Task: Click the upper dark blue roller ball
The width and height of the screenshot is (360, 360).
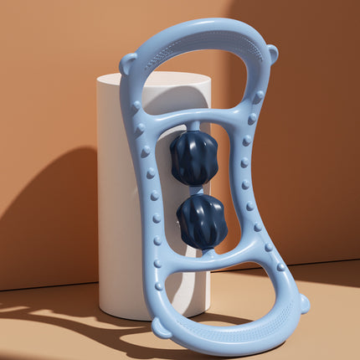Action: (x=193, y=158)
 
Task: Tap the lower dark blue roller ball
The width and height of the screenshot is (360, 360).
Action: (x=202, y=222)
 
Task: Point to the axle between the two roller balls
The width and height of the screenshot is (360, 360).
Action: (x=198, y=191)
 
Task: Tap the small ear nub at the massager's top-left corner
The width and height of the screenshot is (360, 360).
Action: (x=127, y=63)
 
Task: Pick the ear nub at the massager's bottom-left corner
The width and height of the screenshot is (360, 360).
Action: (x=162, y=327)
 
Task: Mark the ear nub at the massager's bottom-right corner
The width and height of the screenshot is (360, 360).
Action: (x=303, y=303)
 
